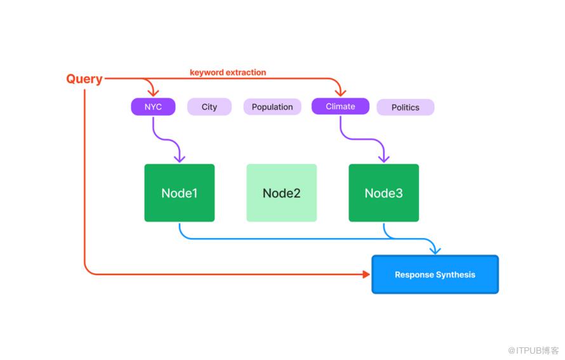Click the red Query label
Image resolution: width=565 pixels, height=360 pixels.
(84, 79)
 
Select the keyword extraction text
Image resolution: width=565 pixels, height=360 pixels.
(228, 72)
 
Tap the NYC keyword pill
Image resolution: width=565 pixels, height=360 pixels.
(153, 107)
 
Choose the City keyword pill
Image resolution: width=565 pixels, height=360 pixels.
(209, 107)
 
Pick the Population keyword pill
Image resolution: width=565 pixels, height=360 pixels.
(272, 107)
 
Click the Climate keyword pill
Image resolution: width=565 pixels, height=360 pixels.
(340, 106)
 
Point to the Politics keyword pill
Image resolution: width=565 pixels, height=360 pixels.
(406, 107)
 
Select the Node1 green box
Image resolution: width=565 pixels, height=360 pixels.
(180, 193)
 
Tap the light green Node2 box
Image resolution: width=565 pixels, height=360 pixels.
(281, 193)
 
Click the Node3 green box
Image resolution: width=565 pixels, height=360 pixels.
(383, 193)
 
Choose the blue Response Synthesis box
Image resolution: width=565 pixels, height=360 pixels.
(435, 274)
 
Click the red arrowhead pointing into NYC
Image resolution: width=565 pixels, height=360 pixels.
(153, 93)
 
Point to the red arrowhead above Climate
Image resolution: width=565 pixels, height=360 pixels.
(340, 93)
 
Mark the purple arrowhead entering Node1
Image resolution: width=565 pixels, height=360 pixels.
(180, 159)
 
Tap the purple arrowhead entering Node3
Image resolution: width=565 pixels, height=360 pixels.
(383, 159)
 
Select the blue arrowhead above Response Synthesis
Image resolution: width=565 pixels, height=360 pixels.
(435, 250)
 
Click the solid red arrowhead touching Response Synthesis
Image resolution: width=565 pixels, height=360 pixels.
(366, 274)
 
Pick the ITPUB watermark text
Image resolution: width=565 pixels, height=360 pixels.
(533, 350)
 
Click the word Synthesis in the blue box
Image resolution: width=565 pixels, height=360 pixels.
(455, 275)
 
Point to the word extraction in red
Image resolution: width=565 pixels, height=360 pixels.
(246, 72)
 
